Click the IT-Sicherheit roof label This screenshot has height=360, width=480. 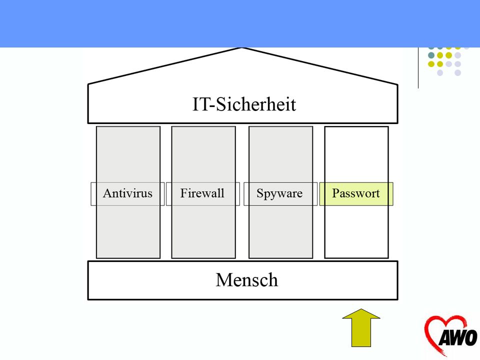(244, 104)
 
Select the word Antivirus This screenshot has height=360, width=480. (127, 193)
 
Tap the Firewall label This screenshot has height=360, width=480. (202, 193)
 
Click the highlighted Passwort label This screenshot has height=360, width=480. (356, 193)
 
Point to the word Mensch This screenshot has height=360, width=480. (247, 280)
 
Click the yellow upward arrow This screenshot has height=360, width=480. (361, 328)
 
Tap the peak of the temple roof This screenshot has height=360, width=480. (242, 48)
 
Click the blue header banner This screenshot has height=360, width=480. (240, 23)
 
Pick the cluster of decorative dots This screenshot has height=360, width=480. (449, 60)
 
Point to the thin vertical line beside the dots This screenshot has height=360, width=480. (418, 68)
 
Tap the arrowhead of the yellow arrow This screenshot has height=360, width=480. (361, 313)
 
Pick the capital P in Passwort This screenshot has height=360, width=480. (336, 193)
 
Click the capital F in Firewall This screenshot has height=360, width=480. (183, 193)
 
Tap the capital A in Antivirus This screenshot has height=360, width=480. (107, 193)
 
